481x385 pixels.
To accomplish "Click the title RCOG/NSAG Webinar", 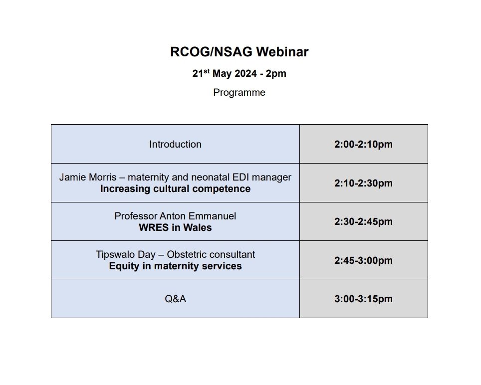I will click(239, 52).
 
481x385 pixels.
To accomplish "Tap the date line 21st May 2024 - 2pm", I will click(239, 74).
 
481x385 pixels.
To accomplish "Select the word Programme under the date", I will click(239, 93).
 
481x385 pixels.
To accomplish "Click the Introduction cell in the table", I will click(175, 144).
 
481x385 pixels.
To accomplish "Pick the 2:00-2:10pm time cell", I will click(363, 145).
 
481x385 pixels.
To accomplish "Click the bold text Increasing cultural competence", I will click(175, 189).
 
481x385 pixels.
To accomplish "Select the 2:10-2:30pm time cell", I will click(363, 183).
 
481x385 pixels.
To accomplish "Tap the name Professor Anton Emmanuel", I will click(175, 216).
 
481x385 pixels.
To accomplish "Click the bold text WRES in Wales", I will click(175, 228).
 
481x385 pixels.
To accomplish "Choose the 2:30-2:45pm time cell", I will click(363, 222).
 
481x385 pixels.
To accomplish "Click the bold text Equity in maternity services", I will click(175, 266).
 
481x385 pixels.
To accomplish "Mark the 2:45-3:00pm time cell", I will click(363, 260).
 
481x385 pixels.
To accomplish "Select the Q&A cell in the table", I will click(175, 299).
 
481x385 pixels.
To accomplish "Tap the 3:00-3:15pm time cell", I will click(363, 299).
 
